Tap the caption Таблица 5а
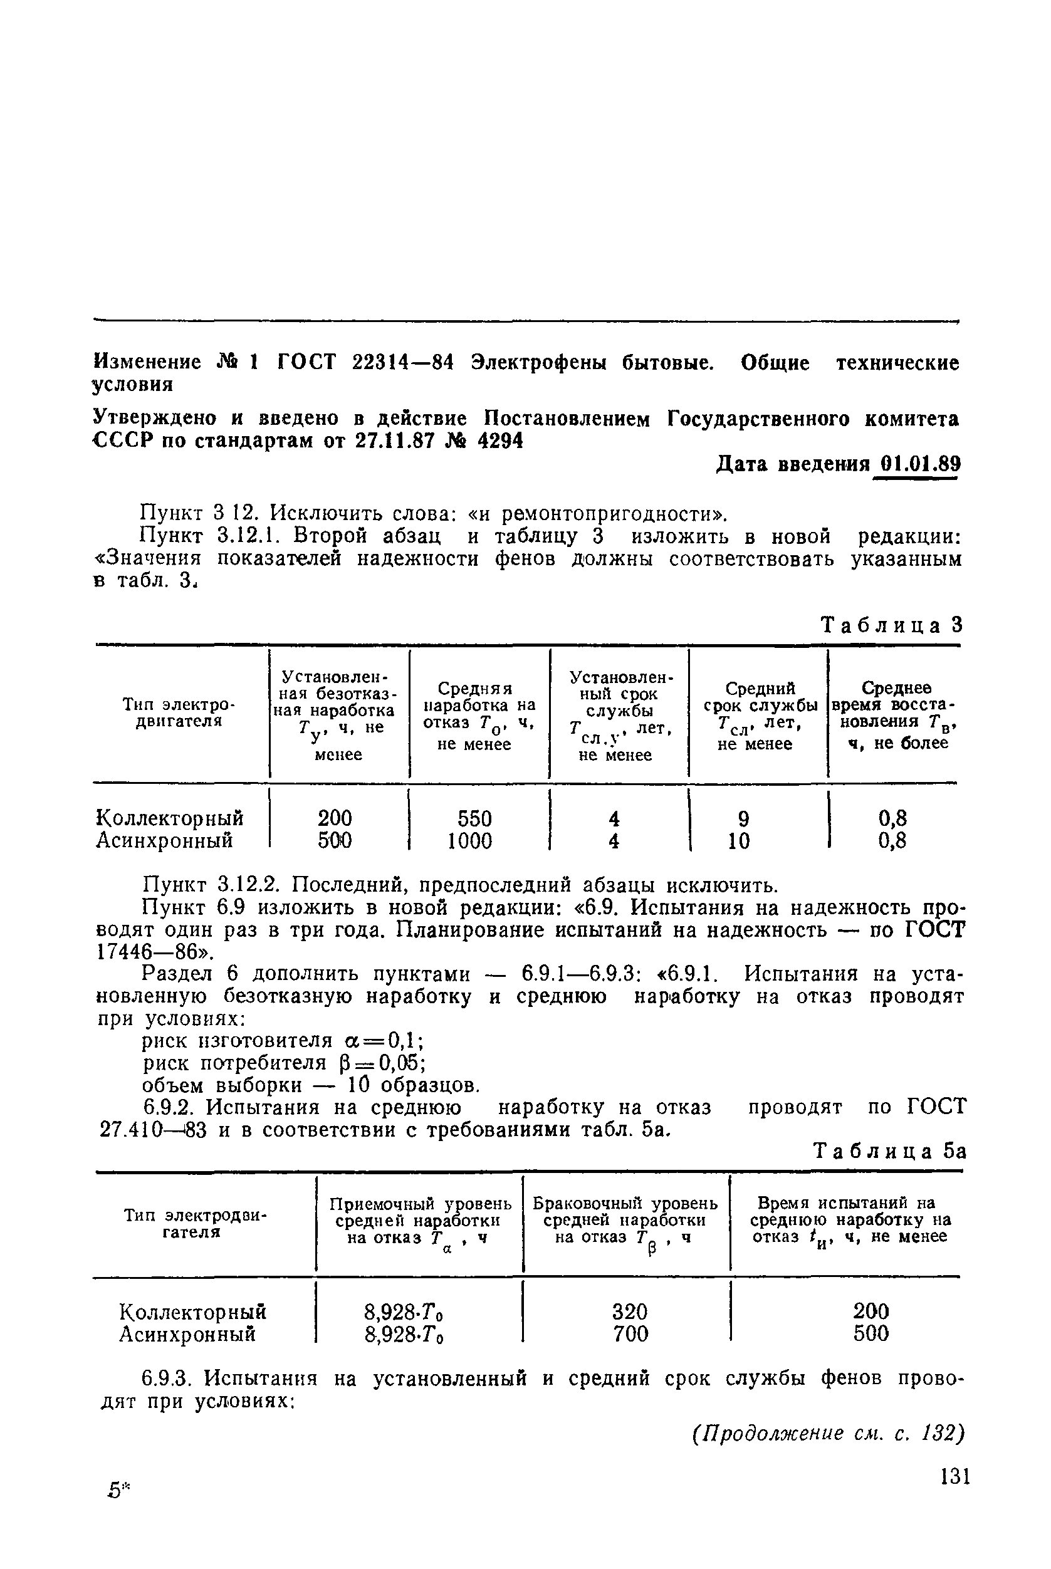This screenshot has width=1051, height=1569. [889, 1152]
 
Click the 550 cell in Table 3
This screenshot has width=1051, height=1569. [474, 818]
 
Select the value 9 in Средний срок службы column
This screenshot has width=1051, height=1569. [743, 818]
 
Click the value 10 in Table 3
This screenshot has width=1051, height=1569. [739, 840]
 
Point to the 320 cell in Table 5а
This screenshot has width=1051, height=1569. [629, 1311]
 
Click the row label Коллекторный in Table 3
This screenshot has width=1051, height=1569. [170, 818]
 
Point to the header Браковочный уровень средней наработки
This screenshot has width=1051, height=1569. [625, 1220]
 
